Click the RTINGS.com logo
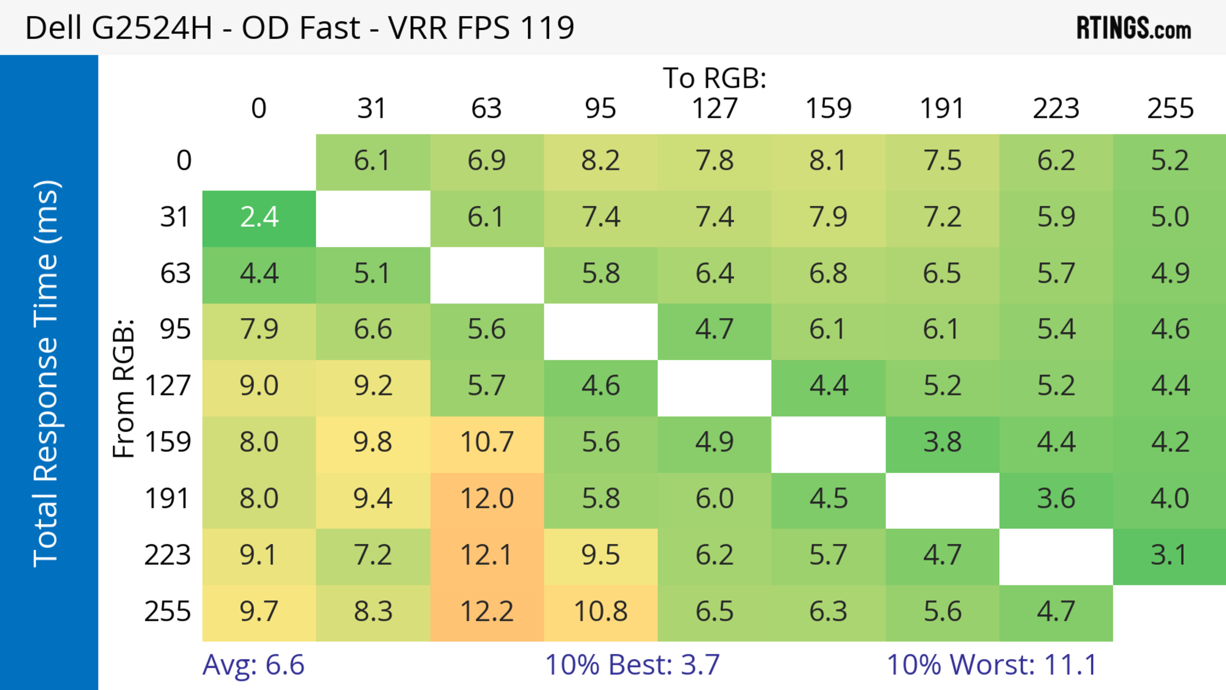[1134, 28]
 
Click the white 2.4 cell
[259, 217]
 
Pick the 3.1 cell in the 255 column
[1169, 555]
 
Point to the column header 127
[715, 109]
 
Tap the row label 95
[175, 329]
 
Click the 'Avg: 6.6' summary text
[253, 665]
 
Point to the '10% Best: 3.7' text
[632, 665]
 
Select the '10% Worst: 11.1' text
[992, 665]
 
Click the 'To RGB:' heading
[715, 78]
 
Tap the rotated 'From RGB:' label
[124, 388]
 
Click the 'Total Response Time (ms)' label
[47, 374]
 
